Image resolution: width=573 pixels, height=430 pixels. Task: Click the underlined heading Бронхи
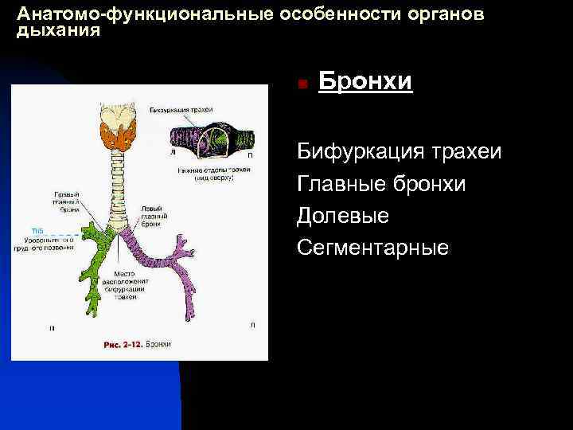(365, 82)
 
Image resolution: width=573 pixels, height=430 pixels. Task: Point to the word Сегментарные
(372, 248)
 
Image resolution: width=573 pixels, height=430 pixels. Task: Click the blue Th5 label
(37, 230)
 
